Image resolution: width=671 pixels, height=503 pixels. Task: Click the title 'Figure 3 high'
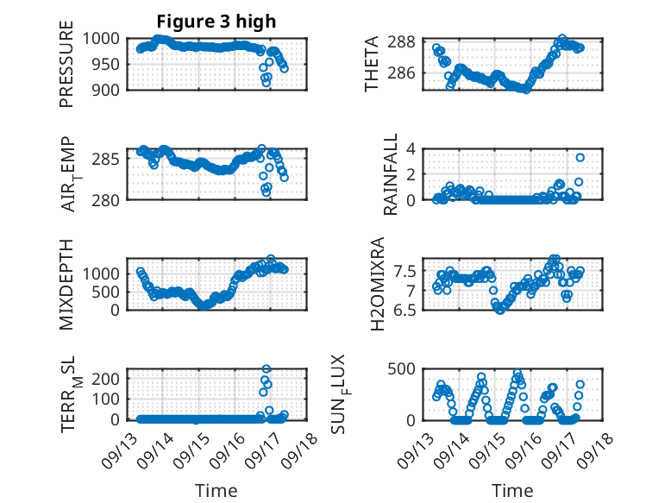(x=216, y=22)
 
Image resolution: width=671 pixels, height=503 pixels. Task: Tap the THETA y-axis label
(x=372, y=65)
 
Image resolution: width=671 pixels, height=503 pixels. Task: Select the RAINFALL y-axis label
(x=391, y=173)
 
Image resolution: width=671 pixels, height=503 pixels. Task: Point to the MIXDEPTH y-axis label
(x=66, y=283)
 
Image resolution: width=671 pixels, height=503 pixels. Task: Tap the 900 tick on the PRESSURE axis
(x=111, y=89)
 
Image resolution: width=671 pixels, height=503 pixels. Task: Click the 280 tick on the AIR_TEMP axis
(x=111, y=199)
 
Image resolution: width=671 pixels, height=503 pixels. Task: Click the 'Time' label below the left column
(x=216, y=490)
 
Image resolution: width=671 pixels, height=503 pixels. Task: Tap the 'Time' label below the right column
(x=512, y=490)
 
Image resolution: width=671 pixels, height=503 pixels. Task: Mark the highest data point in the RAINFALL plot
(x=580, y=157)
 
